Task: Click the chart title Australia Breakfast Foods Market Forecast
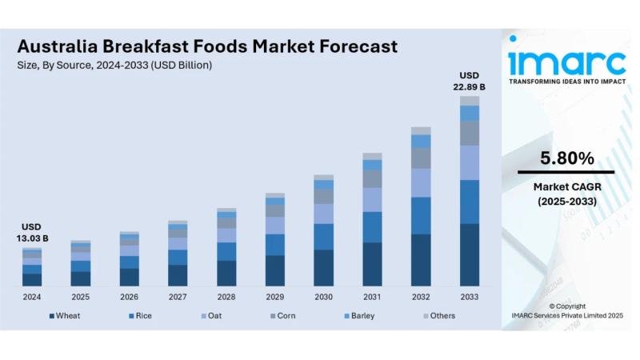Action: [x=207, y=46]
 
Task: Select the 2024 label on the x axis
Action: [x=32, y=297]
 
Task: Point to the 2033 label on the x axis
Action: [x=470, y=297]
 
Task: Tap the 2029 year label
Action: [x=275, y=297]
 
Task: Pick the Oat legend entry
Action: [x=214, y=316]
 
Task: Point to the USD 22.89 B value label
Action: [x=470, y=81]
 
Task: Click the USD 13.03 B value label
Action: [x=32, y=233]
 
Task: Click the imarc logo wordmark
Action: [x=567, y=62]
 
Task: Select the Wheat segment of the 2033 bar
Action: [x=470, y=255]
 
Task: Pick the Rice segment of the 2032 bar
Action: [x=421, y=215]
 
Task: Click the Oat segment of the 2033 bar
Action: [x=470, y=162]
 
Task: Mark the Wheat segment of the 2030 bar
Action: [x=324, y=268]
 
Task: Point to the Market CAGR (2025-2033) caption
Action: [x=567, y=194]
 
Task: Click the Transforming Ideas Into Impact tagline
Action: [x=567, y=82]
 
